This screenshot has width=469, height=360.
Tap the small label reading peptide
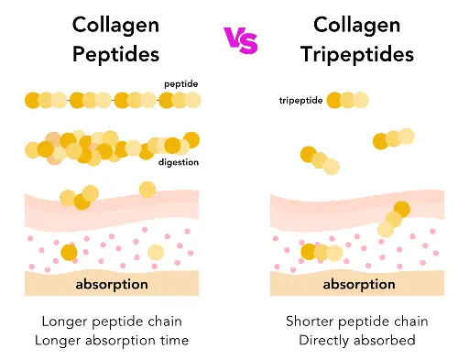[180, 84]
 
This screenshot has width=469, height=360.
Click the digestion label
[179, 163]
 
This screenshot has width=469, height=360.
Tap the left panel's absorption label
[111, 284]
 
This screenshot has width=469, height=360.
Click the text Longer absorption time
[115, 341]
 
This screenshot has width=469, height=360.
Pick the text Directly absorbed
[356, 341]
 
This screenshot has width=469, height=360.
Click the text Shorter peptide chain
[356, 322]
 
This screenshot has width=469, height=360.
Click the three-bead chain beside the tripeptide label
[347, 100]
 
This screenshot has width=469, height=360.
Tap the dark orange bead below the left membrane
[69, 252]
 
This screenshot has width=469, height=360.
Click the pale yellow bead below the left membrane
[155, 252]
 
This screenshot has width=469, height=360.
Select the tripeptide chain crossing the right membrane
[394, 219]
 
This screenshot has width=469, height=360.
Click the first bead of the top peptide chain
[33, 100]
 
